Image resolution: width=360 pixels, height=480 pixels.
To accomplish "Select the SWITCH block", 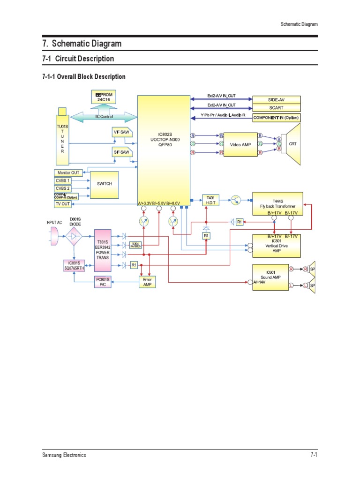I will click(x=105, y=184).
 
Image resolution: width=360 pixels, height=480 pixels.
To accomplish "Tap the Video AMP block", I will click(x=241, y=145).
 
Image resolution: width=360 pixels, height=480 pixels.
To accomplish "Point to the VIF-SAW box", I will click(x=122, y=133).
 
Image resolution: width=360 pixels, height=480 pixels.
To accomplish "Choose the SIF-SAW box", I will click(x=121, y=152).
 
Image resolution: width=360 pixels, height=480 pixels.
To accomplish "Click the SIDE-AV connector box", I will click(x=276, y=99).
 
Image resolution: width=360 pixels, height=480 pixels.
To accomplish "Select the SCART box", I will click(x=276, y=108).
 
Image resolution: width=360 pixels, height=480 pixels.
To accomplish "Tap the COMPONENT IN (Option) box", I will click(x=276, y=118).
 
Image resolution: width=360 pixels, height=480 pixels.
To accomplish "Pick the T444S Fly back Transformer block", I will click(x=277, y=203).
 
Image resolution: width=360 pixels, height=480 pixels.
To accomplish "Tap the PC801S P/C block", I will click(x=103, y=282).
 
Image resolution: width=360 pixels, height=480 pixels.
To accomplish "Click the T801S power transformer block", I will click(x=103, y=250).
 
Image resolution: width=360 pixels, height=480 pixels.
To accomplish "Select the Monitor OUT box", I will click(x=68, y=173).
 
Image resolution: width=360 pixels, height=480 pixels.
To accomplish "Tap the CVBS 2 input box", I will click(x=63, y=188).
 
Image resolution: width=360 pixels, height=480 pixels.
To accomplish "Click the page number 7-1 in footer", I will click(x=314, y=455).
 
